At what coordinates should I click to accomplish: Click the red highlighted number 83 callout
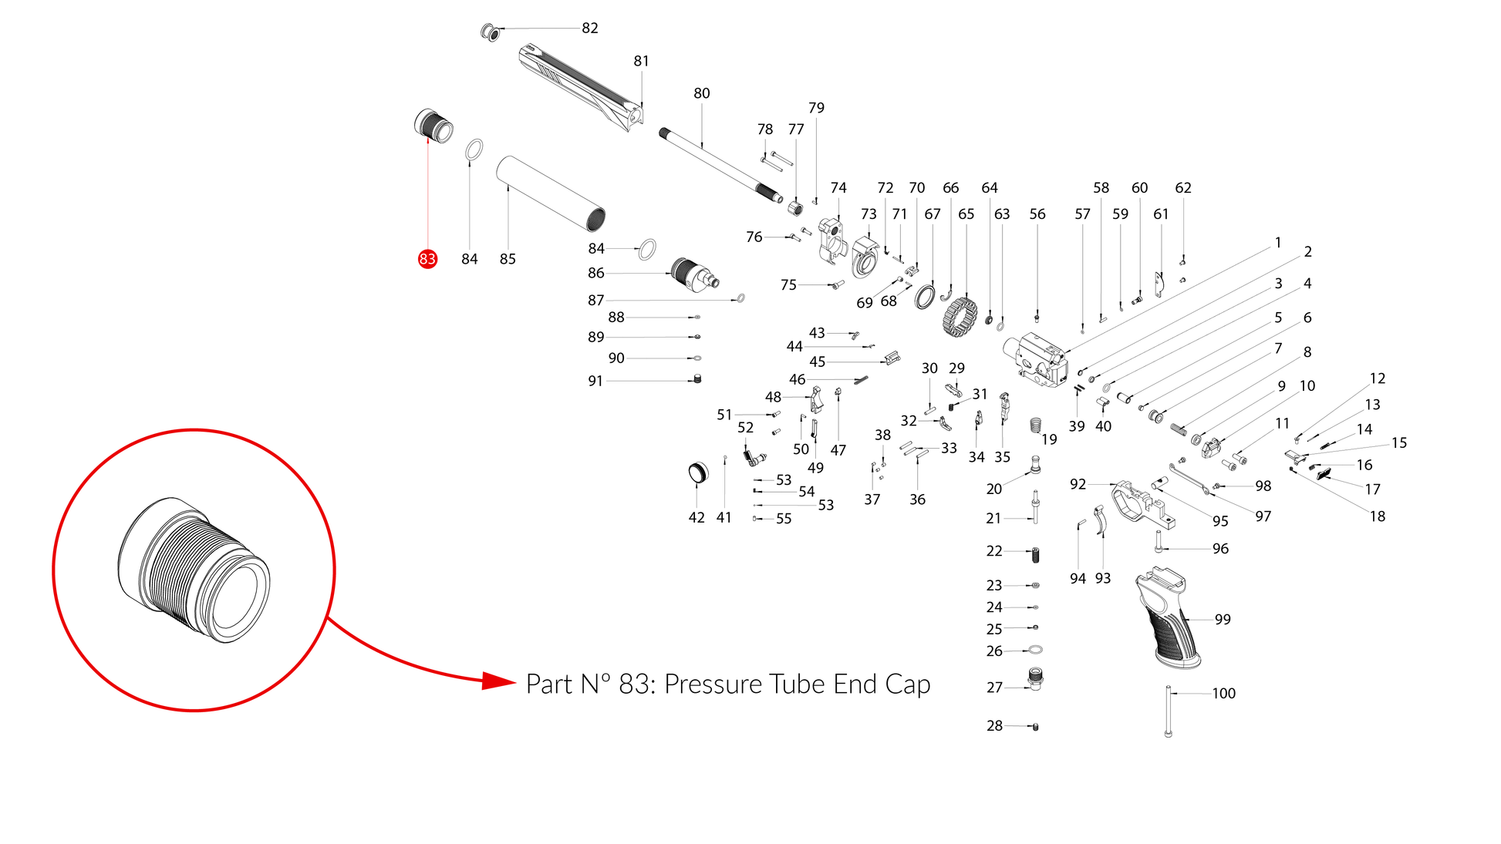(x=427, y=259)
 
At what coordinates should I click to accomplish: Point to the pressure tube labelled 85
(x=550, y=193)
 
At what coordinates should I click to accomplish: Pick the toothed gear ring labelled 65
(x=960, y=317)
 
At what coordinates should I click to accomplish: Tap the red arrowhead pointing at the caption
(x=498, y=681)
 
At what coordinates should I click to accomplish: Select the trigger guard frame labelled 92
(x=1142, y=505)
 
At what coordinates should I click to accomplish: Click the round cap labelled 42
(x=697, y=472)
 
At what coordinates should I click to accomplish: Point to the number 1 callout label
(x=1277, y=243)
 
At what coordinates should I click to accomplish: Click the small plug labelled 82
(x=490, y=33)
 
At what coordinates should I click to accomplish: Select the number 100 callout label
(x=1223, y=693)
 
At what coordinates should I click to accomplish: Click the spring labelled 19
(x=1036, y=425)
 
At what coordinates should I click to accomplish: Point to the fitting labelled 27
(x=1035, y=679)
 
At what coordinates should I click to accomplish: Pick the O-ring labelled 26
(x=1036, y=650)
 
